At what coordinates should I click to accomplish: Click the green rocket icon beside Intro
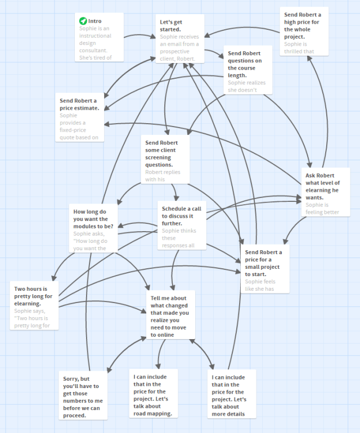click(83, 21)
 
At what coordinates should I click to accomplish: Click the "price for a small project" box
click(265, 268)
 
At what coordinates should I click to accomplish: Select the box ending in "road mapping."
click(153, 394)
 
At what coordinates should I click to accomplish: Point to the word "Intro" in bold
click(95, 21)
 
